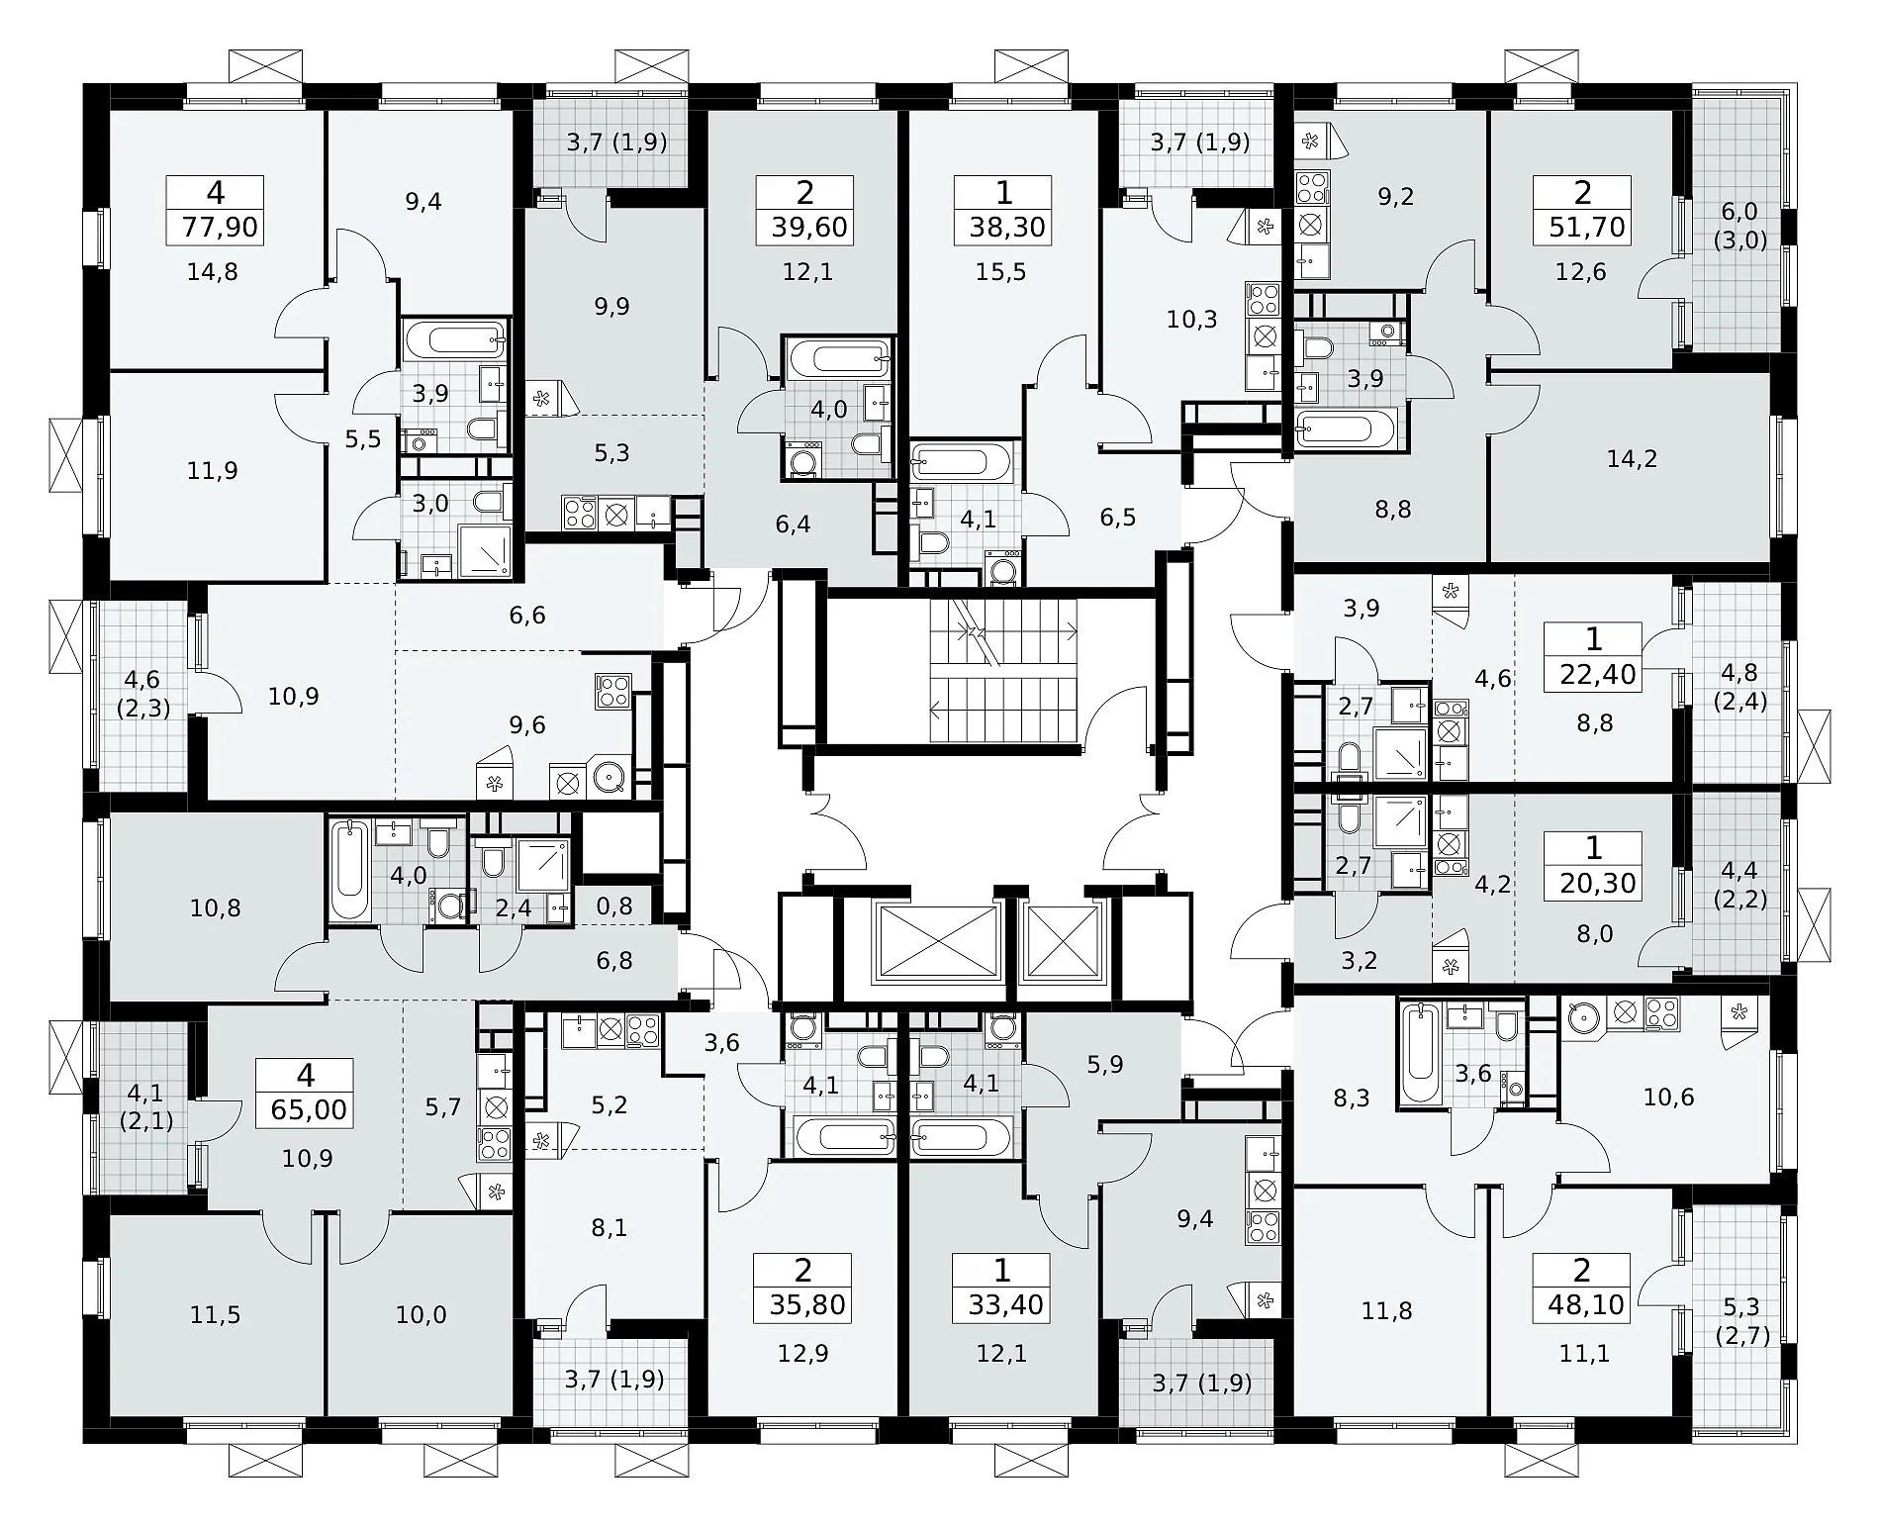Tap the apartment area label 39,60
pyautogui.click(x=808, y=228)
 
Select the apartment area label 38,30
pyautogui.click(x=1005, y=228)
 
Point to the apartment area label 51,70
pyautogui.click(x=1585, y=228)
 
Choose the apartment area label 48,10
pyautogui.click(x=1585, y=1305)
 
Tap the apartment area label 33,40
pyautogui.click(x=1005, y=1305)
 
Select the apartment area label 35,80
pyautogui.click(x=806, y=1305)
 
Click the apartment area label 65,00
pyautogui.click(x=307, y=1109)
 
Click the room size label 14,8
pyautogui.click(x=213, y=271)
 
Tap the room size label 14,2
pyautogui.click(x=1632, y=459)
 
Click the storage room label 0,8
pyautogui.click(x=614, y=907)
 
